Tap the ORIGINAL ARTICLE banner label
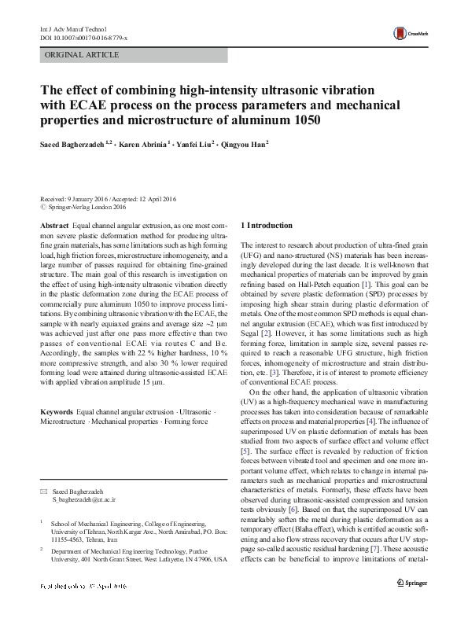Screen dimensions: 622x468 [x=83, y=55]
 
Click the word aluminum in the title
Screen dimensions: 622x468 [x=267, y=120]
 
